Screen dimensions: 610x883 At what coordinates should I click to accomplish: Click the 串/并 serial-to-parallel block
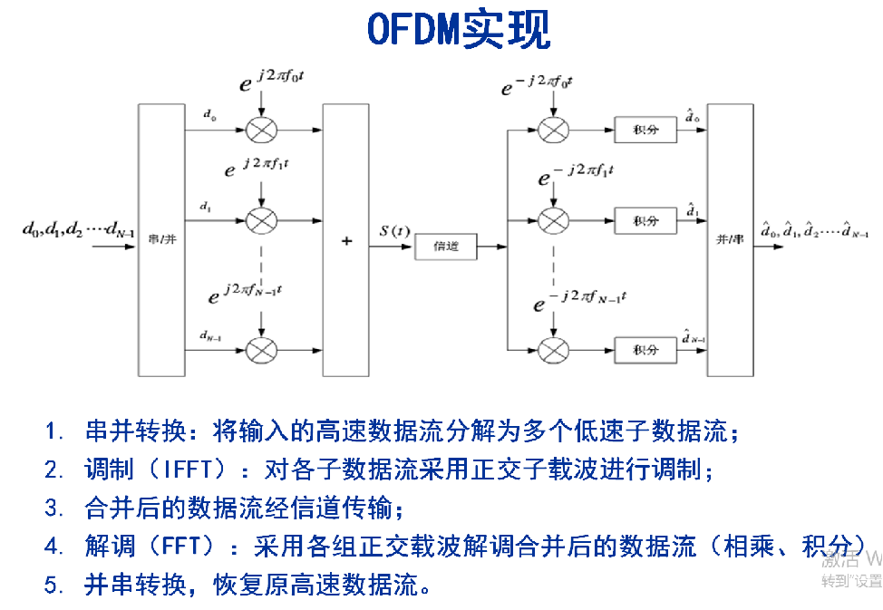click(160, 239)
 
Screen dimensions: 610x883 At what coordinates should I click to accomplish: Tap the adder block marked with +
click(346, 240)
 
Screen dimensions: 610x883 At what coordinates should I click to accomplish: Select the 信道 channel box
click(446, 246)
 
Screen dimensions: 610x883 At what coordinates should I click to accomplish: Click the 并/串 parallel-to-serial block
click(730, 239)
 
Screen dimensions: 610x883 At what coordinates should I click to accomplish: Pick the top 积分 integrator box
click(645, 130)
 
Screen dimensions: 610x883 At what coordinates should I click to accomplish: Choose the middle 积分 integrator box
click(645, 220)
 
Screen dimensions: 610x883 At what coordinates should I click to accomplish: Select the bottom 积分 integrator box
click(645, 349)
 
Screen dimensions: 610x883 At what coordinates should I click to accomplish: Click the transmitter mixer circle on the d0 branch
click(261, 130)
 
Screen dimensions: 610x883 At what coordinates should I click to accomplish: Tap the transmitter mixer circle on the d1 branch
click(261, 220)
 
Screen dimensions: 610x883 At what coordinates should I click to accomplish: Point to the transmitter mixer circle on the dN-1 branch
click(261, 349)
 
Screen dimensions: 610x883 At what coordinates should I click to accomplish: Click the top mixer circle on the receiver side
click(552, 130)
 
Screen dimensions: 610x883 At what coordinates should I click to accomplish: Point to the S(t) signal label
click(396, 232)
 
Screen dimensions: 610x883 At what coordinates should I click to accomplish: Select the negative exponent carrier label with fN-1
click(580, 299)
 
